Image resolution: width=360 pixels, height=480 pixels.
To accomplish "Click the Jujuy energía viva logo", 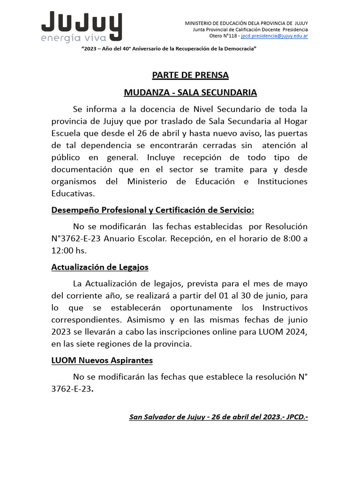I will (82, 27).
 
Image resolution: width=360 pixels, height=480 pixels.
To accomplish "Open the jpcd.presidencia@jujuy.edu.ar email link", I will (274, 36).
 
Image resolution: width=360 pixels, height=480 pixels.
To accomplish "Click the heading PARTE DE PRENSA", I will (190, 75).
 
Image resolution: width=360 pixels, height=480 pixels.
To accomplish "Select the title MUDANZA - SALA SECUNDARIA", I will (190, 93).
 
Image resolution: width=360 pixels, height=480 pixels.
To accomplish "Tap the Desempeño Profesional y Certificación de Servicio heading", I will (153, 210).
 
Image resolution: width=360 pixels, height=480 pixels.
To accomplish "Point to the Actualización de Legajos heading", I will (100, 267).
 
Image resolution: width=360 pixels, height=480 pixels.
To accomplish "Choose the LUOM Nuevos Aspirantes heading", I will (102, 360).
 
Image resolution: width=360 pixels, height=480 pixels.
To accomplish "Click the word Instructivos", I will (285, 307).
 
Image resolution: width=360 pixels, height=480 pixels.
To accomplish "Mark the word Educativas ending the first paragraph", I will (73, 193).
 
